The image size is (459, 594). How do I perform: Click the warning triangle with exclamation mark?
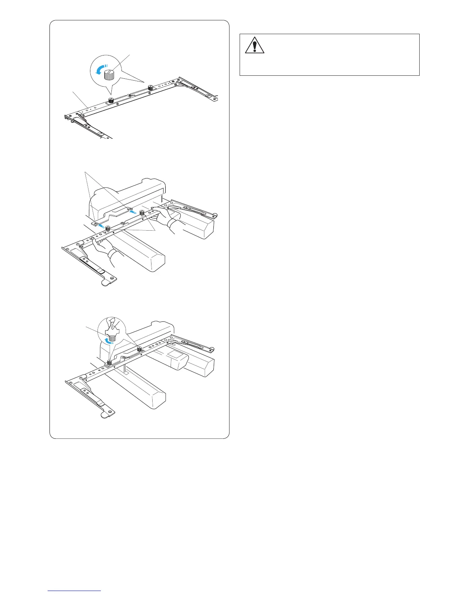pos(255,45)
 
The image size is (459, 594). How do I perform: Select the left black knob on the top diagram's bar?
pos(111,100)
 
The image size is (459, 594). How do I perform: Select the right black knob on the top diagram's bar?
pos(150,88)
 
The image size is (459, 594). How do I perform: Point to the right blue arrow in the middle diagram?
pos(133,211)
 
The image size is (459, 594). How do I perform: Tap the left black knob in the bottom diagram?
pos(109,363)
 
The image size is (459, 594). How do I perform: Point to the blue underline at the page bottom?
pos(75,591)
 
